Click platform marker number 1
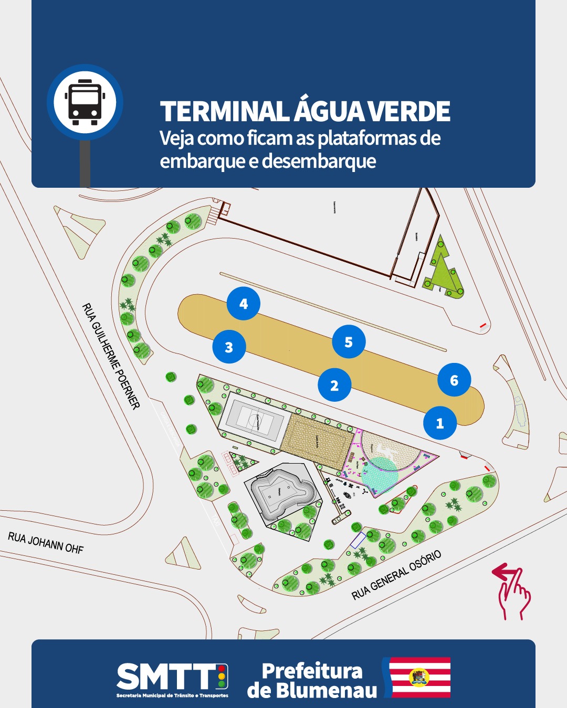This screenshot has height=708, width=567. [440, 423]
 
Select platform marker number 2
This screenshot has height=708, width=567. [334, 385]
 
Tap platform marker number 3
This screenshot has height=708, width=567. [229, 347]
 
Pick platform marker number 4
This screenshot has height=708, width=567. [244, 304]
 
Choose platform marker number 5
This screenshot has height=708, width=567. [349, 342]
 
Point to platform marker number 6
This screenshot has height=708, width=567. [454, 380]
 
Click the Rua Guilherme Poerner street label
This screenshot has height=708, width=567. [111, 356]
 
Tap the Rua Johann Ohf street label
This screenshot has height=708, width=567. [46, 543]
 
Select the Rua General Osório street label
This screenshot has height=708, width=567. [396, 575]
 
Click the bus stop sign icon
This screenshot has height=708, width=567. [85, 103]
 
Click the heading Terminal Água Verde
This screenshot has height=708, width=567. [305, 111]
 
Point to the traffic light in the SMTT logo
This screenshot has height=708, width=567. [222, 677]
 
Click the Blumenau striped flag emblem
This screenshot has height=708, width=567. [418, 677]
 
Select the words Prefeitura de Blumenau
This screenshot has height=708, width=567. [312, 680]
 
